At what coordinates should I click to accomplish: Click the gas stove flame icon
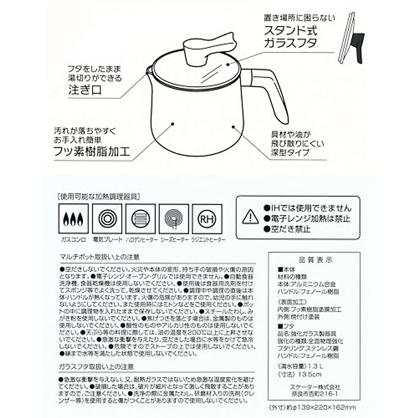click(73, 219)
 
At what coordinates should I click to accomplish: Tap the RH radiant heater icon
click(207, 219)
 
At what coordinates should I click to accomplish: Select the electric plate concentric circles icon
click(107, 219)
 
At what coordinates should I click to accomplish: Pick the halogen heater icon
click(140, 219)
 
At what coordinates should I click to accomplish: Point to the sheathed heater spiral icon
click(174, 219)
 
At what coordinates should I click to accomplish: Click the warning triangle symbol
click(250, 217)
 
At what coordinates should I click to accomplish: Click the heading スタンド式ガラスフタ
click(291, 36)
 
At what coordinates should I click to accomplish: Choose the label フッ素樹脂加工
click(92, 152)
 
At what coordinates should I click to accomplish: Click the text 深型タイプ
click(290, 152)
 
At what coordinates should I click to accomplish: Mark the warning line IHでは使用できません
click(307, 208)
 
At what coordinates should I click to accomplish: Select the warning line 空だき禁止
click(287, 229)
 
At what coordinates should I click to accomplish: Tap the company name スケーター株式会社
click(315, 387)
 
